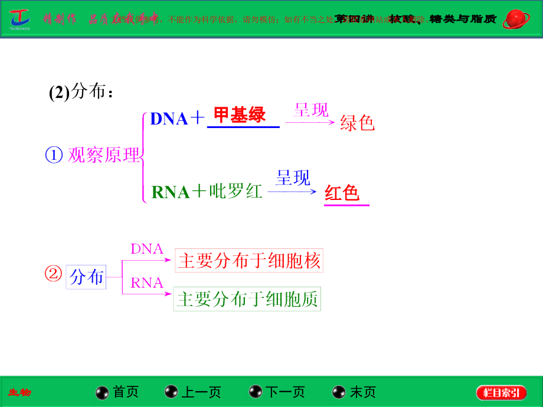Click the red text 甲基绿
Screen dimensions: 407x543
click(240, 115)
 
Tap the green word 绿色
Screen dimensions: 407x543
click(358, 122)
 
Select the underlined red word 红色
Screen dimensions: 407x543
click(342, 193)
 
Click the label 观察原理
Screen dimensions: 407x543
click(104, 155)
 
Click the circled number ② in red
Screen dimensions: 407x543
click(53, 275)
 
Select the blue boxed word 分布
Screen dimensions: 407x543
click(86, 277)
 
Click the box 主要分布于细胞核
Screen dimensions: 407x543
click(249, 261)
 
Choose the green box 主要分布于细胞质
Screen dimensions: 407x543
click(247, 300)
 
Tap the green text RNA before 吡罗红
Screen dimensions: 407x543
click(171, 192)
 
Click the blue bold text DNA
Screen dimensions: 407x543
click(169, 119)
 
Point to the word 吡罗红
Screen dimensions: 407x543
click(236, 192)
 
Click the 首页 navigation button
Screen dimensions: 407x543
click(117, 392)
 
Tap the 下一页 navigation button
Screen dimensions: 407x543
click(277, 392)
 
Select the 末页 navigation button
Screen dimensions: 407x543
click(354, 392)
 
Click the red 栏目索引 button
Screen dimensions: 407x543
click(501, 393)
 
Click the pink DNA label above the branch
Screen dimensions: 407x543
click(146, 249)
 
